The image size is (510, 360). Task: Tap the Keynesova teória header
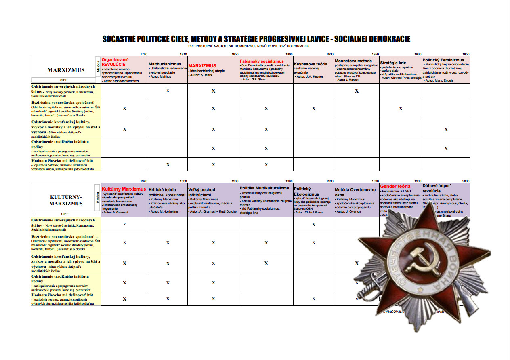pyautogui.click(x=311, y=64)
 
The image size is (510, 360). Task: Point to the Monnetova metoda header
pyautogui.click(x=353, y=61)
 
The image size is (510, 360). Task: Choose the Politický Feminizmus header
pyautogui.click(x=443, y=60)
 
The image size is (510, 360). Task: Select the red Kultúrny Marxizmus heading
pyautogui.click(x=124, y=189)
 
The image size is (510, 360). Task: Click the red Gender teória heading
pyautogui.click(x=395, y=187)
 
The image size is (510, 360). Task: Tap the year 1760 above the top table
pyautogui.click(x=143, y=54)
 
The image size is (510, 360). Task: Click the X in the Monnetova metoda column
pyautogui.click(x=357, y=91)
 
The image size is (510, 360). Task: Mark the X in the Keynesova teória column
pyautogui.click(x=314, y=109)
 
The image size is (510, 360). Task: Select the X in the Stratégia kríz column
pyautogui.click(x=401, y=109)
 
